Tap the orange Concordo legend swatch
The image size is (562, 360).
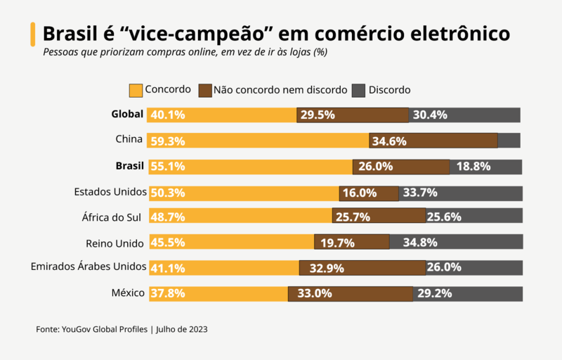(x=136, y=91)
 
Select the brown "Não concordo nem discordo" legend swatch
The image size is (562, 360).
(x=205, y=91)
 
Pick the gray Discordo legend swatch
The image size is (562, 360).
(x=358, y=91)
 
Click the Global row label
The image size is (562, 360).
(x=127, y=115)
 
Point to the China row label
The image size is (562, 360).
(x=129, y=139)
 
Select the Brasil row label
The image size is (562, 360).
(x=129, y=166)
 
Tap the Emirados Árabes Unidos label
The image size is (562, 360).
(x=89, y=266)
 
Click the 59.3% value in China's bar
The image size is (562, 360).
(x=168, y=141)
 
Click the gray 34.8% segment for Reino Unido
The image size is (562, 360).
(x=457, y=243)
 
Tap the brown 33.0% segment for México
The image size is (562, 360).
(x=350, y=294)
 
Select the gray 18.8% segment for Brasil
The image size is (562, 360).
(x=485, y=167)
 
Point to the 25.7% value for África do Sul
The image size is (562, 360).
(x=353, y=217)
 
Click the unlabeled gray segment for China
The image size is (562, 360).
(x=509, y=141)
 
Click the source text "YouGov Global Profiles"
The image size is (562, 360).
(x=104, y=329)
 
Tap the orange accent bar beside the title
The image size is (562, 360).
(x=32, y=33)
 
